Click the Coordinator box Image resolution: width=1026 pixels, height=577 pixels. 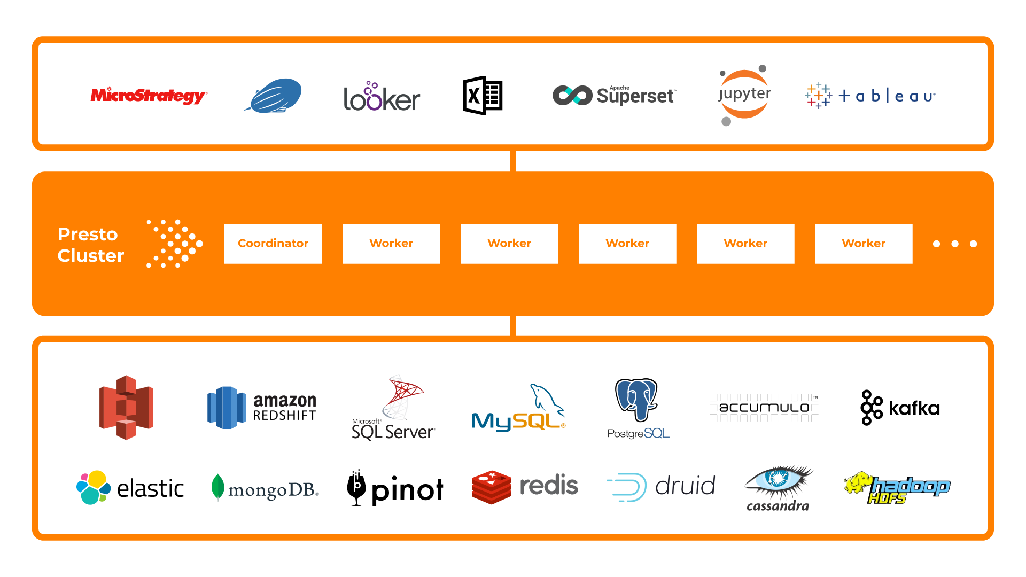tap(273, 244)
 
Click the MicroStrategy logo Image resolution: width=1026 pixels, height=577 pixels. tap(148, 96)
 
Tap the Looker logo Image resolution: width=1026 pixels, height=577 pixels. tap(382, 97)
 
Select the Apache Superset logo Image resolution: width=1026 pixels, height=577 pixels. tap(615, 96)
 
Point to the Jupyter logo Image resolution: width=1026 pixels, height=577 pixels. tap(744, 95)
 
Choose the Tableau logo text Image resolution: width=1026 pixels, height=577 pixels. tap(887, 96)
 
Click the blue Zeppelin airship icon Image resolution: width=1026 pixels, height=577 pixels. tap(275, 95)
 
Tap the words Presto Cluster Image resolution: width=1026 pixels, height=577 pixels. tap(90, 245)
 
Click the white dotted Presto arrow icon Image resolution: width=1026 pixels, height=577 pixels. tap(175, 244)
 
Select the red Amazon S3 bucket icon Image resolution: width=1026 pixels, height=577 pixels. tap(126, 407)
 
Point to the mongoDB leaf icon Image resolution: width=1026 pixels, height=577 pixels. tap(217, 487)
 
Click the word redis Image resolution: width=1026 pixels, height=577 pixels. tap(549, 486)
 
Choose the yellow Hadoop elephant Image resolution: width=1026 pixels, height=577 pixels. tap(858, 482)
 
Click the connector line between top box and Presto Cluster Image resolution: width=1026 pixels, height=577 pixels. tap(513, 161)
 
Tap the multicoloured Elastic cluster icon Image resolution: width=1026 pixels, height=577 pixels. tap(94, 487)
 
